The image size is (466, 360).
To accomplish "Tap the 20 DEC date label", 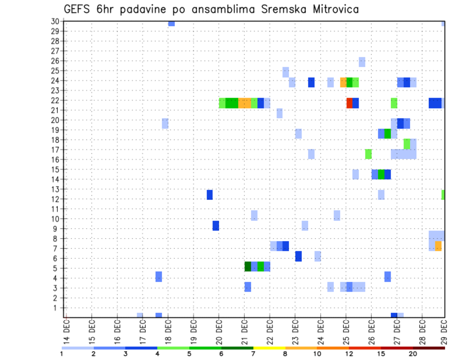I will point(219,329).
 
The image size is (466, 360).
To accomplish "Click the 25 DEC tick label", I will point(346,329).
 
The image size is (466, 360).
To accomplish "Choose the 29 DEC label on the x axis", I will point(444,329).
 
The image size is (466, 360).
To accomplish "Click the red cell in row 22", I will point(349,103).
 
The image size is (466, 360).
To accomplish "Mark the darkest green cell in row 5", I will point(248,266).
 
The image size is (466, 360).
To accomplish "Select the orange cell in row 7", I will point(438,246).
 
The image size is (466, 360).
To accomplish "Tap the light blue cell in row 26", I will point(362,62).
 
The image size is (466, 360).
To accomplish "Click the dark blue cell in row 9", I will point(216,226).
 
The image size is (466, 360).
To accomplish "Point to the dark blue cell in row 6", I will point(298,256).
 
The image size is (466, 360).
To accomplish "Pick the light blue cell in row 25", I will point(285,72).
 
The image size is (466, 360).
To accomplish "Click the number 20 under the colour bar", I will point(413,354).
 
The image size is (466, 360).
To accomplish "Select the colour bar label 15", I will point(381,354).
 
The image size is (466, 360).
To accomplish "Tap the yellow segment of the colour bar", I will point(269,348).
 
